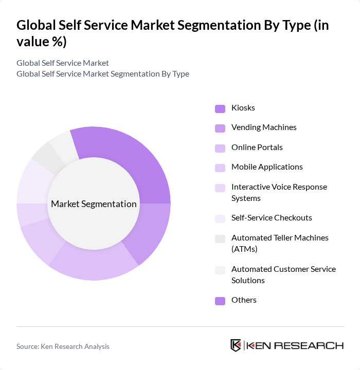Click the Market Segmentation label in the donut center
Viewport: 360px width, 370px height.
tap(94, 204)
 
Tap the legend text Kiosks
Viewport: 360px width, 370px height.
tap(243, 108)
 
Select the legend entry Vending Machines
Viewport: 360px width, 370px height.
tap(264, 127)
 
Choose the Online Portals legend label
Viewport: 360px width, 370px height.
tap(257, 147)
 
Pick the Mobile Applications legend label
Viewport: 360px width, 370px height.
tap(267, 167)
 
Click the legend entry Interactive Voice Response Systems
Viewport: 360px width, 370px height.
tap(279, 192)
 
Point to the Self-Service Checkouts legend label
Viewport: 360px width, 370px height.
tap(272, 218)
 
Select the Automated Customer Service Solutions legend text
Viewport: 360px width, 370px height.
tap(283, 274)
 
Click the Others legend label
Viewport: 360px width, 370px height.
tap(244, 300)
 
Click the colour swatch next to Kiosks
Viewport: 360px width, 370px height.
tap(220, 108)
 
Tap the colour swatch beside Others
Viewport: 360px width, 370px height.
tap(220, 301)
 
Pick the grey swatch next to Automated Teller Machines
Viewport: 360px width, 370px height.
tap(220, 238)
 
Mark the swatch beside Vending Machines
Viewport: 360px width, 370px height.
tap(220, 128)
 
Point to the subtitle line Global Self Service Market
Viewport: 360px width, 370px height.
tap(63, 63)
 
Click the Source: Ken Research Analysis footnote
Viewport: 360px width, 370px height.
tap(63, 346)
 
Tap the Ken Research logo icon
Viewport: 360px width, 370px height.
tap(236, 345)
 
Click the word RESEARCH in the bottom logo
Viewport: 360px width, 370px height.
tap(313, 345)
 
